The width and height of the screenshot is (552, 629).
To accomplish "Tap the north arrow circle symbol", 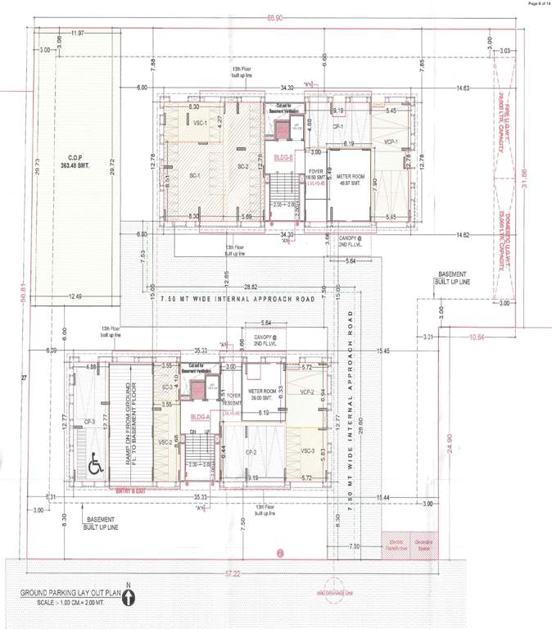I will click(129, 600).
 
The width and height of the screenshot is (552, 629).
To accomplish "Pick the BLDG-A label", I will click(201, 416).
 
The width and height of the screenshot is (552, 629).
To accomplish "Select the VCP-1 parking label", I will click(390, 141).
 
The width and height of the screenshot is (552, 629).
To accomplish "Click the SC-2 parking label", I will click(242, 167).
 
